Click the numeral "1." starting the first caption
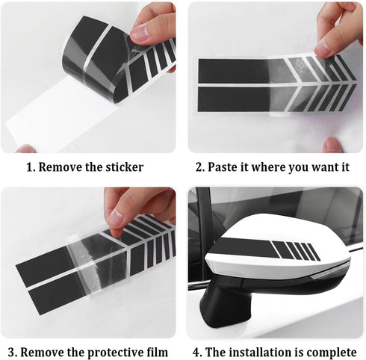coord(31,167)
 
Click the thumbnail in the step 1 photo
coord(140,32)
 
